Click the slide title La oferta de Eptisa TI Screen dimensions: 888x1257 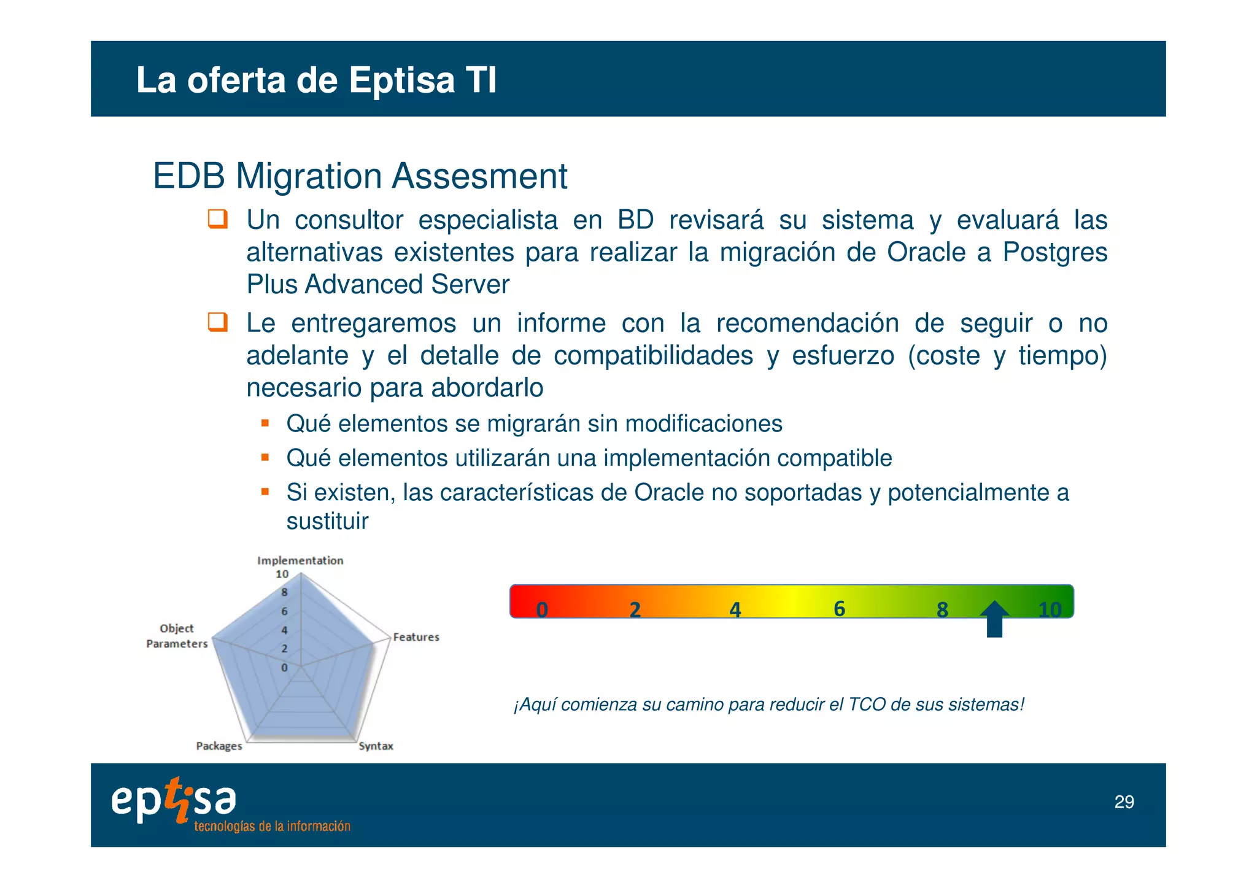tap(316, 80)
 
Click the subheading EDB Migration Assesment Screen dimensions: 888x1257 tap(360, 176)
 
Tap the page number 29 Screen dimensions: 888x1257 tap(1124, 802)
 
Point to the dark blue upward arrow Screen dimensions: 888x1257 tap(994, 619)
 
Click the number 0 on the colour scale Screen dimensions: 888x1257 tap(541, 609)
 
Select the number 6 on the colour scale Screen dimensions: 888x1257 tap(839, 608)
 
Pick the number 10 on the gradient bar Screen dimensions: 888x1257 tap(1049, 609)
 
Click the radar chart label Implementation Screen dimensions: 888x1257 tap(300, 560)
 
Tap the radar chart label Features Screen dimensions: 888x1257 tap(416, 637)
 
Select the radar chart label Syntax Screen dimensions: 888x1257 tap(376, 746)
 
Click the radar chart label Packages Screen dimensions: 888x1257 tap(219, 746)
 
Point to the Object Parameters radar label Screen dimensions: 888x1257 tap(177, 636)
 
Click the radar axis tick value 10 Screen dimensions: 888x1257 tap(282, 574)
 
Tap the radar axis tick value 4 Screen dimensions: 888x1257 tap(284, 630)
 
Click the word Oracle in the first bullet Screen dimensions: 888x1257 tap(926, 252)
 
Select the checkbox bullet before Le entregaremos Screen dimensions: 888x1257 tap(218, 322)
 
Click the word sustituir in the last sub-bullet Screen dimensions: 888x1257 tap(327, 522)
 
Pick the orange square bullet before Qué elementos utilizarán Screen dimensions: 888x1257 tap(265, 457)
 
